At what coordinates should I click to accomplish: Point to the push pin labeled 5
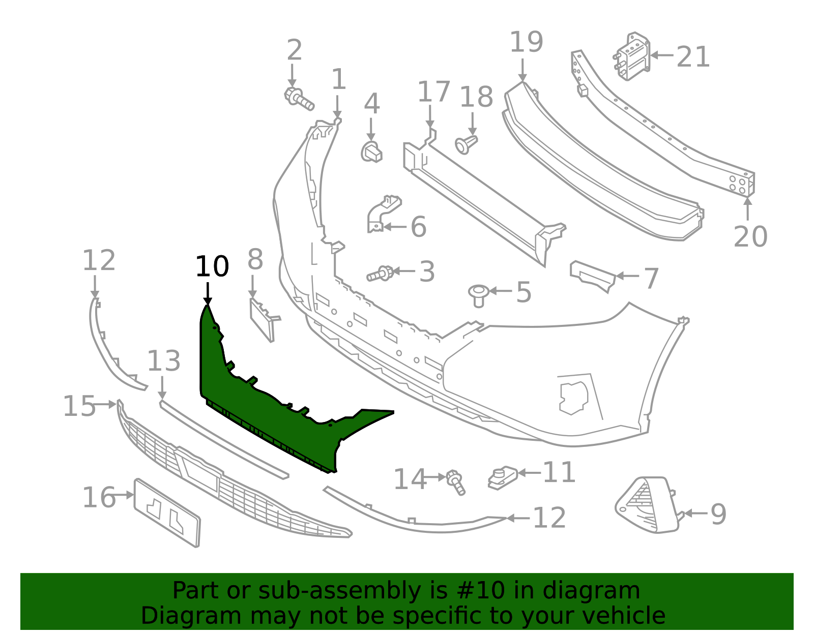click(478, 295)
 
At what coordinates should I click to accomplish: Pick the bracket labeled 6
click(382, 214)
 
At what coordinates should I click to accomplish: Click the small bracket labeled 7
click(593, 276)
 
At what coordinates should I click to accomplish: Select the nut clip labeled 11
click(503, 477)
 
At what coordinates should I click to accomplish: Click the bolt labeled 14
click(455, 482)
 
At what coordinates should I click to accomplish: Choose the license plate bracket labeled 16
click(167, 512)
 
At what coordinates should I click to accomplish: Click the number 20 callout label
click(750, 236)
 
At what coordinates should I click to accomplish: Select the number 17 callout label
click(433, 92)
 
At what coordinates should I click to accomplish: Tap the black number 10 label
click(212, 266)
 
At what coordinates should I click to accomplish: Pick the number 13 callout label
click(164, 361)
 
